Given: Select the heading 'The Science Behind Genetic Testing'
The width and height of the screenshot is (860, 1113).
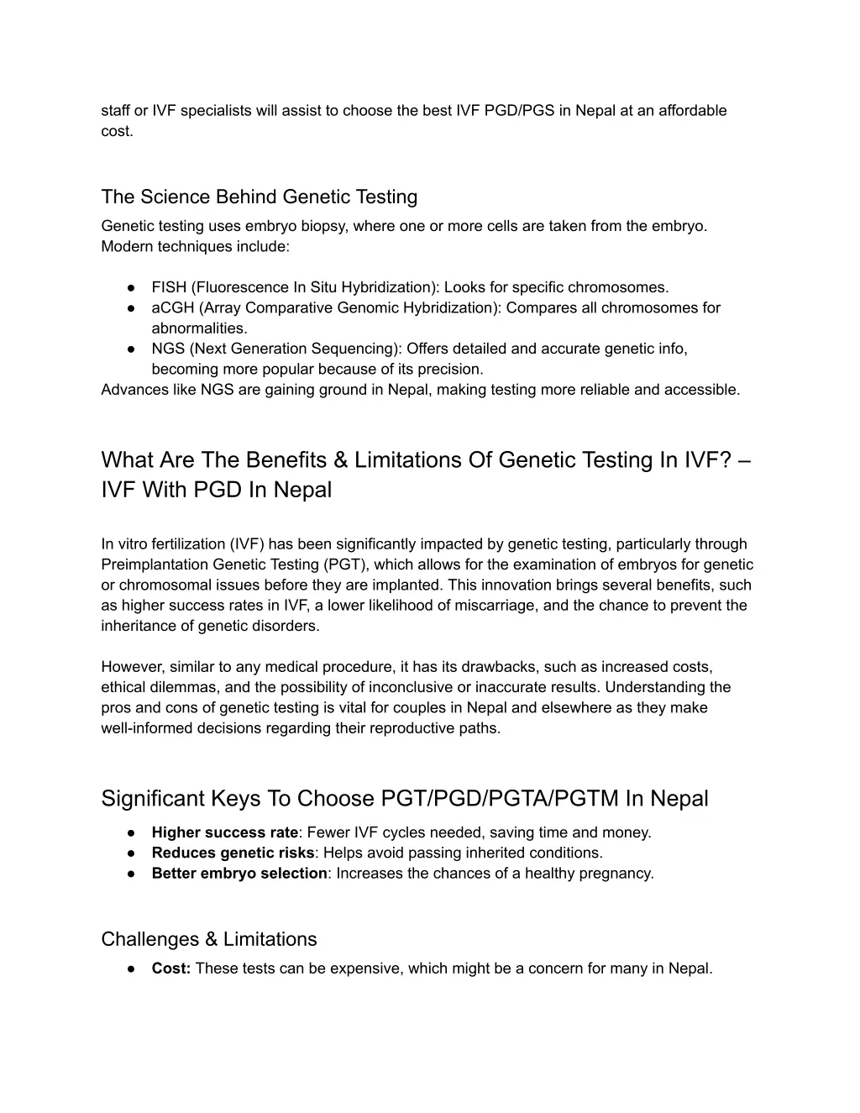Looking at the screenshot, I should (259, 197).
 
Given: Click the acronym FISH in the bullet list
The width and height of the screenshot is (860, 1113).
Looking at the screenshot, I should (169, 287).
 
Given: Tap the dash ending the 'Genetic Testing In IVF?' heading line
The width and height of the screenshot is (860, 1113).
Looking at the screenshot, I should (747, 460).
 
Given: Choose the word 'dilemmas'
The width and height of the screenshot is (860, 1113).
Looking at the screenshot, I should (181, 687).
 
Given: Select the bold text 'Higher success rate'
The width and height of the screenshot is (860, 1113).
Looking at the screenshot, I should (224, 832).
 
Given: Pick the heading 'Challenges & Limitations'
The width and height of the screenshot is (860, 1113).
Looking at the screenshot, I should (208, 939).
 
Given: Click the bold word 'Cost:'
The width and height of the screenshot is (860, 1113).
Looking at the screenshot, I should (171, 969).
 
